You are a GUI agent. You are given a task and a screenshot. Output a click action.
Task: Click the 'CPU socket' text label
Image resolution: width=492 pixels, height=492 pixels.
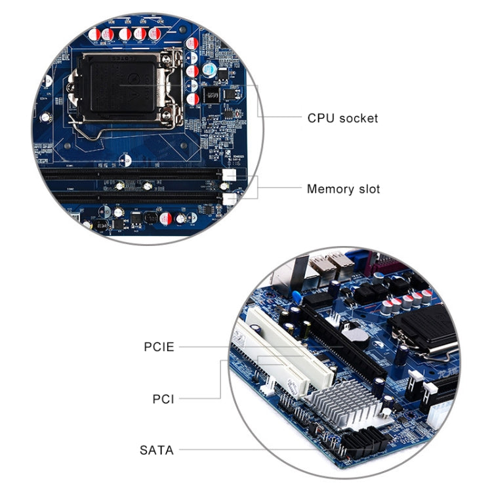(x=342, y=119)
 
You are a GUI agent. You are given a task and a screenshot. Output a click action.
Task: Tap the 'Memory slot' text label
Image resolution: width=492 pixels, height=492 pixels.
(x=343, y=190)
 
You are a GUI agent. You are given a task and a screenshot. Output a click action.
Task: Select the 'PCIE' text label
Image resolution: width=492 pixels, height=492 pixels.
(x=159, y=346)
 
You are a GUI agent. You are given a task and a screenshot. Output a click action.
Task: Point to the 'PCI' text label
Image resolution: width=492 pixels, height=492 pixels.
(x=163, y=398)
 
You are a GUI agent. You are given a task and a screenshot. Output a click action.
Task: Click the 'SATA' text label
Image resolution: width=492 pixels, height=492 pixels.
(x=157, y=450)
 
